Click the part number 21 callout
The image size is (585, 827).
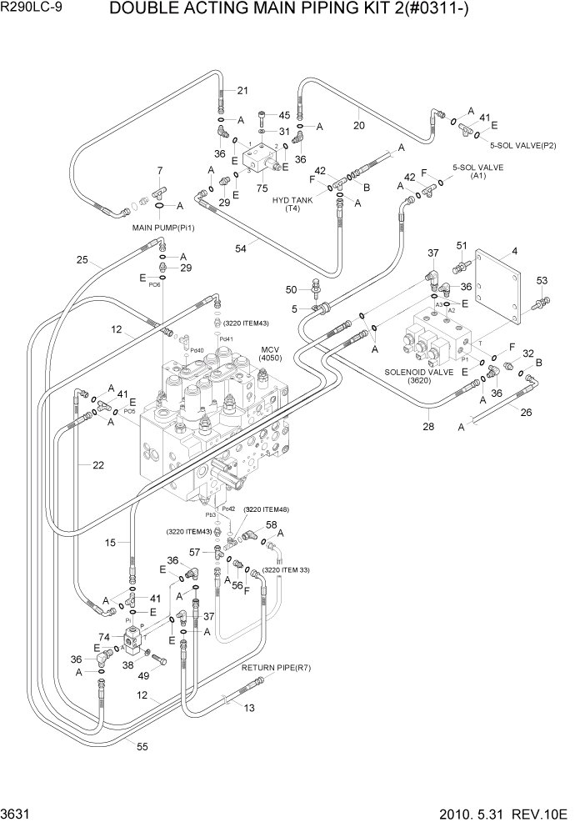point(242,91)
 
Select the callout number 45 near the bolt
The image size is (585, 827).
point(284,115)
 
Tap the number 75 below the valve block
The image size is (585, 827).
point(262,188)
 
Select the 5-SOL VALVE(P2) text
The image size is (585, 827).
point(522,145)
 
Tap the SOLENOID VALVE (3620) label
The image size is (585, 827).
point(418,376)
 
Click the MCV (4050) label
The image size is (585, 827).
point(271,353)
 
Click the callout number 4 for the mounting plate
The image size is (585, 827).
point(514,251)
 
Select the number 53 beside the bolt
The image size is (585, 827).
point(542,280)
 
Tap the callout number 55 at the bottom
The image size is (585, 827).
point(142,747)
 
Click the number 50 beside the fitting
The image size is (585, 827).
point(291,289)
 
